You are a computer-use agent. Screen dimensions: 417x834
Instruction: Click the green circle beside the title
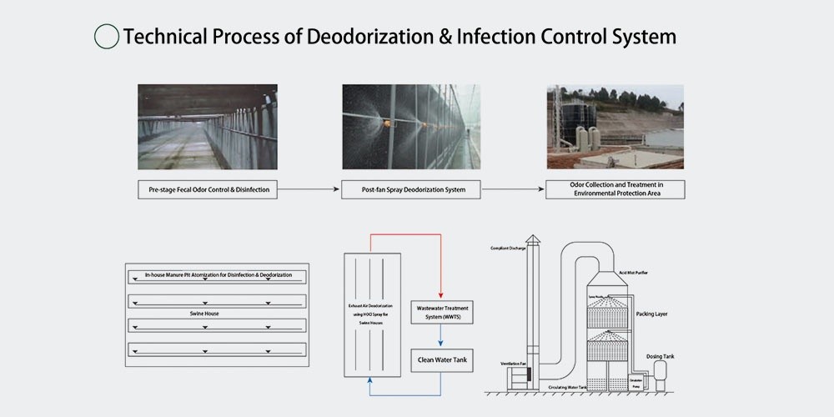click(x=107, y=37)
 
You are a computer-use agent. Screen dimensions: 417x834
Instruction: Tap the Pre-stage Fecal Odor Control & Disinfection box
click(x=208, y=190)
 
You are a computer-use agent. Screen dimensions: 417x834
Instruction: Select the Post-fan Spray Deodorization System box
click(x=412, y=190)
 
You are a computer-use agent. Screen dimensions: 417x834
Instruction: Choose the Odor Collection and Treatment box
click(x=615, y=190)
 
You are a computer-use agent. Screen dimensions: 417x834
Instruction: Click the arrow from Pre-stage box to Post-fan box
click(x=309, y=190)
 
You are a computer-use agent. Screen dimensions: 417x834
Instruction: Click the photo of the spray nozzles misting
click(x=412, y=128)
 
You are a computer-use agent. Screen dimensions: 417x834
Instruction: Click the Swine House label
click(x=203, y=314)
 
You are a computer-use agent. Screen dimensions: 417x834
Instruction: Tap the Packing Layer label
click(x=651, y=314)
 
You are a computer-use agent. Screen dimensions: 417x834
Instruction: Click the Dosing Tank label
click(x=660, y=357)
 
